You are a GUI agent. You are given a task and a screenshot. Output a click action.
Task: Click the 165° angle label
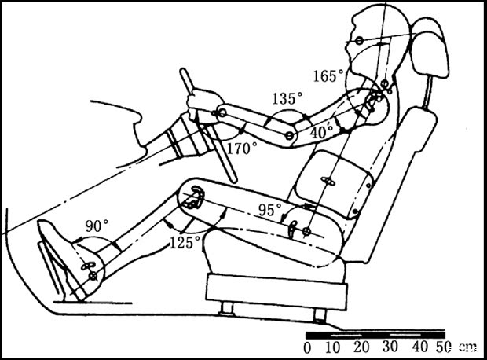tap(328, 76)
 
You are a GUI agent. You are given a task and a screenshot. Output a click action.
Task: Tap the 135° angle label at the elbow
tap(287, 99)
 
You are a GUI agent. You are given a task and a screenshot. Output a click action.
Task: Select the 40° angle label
tap(320, 134)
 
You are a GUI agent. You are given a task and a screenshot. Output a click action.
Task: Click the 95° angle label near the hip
tap(271, 209)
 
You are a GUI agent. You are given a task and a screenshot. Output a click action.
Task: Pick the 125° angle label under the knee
tap(185, 242)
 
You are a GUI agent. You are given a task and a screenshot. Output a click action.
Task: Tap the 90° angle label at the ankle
tap(96, 226)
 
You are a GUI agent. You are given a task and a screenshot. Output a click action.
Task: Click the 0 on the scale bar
tap(307, 347)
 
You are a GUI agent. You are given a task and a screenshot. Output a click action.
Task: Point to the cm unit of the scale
tap(467, 347)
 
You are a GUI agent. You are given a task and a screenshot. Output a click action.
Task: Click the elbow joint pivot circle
tap(290, 137)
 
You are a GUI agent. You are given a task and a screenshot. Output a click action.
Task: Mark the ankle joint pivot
tap(93, 275)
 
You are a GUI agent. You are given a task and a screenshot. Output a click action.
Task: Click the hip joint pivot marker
tap(306, 232)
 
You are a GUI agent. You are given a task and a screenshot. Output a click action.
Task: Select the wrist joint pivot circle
tap(222, 115)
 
